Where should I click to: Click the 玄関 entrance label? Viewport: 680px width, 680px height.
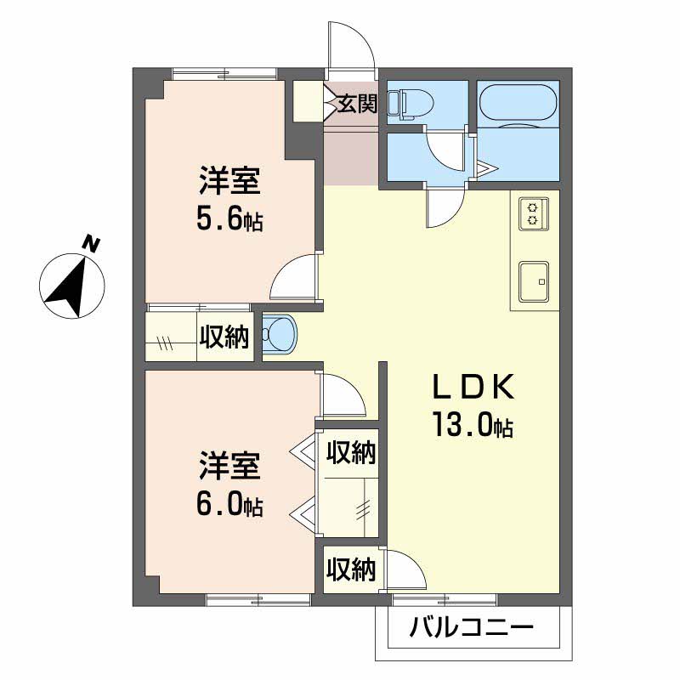(357, 103)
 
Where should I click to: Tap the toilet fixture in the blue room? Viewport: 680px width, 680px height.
(411, 104)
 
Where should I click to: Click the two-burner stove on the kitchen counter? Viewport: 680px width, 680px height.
(534, 214)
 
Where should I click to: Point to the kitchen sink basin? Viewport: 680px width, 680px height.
(534, 281)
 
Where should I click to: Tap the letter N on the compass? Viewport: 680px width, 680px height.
(91, 244)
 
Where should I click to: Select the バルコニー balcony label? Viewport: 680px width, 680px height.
(472, 627)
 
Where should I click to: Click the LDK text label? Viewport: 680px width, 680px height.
(473, 387)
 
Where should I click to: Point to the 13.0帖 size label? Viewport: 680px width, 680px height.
(473, 425)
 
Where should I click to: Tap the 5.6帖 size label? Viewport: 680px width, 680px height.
(229, 220)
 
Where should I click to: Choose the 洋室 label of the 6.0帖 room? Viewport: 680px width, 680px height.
(229, 465)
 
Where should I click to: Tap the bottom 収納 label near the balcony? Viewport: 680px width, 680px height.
(351, 569)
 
